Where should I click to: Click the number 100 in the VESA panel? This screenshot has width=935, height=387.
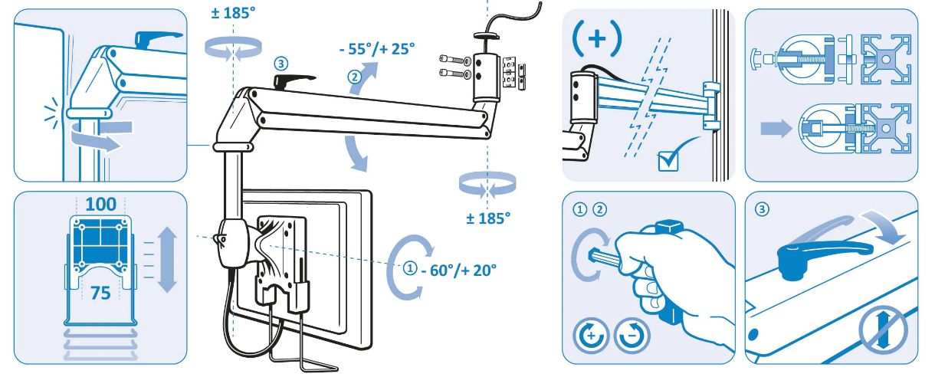pyautogui.click(x=100, y=205)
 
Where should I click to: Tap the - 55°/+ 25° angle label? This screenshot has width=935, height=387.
pyautogui.click(x=376, y=49)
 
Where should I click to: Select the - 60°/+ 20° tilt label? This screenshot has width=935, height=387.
pyautogui.click(x=458, y=270)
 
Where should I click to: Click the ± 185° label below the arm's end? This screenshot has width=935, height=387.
pyautogui.click(x=487, y=218)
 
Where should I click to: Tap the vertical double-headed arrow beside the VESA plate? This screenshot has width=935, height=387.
pyautogui.click(x=166, y=260)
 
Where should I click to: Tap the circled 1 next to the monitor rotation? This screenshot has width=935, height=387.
pyautogui.click(x=411, y=268)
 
